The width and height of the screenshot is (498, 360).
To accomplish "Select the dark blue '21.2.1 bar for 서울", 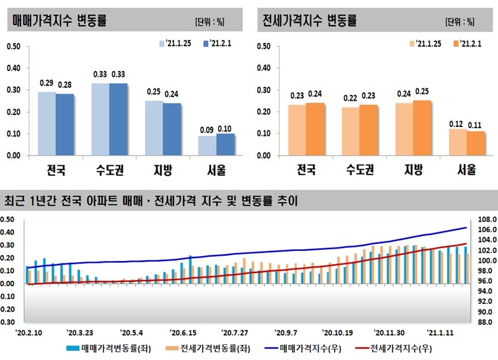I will coord(226,145).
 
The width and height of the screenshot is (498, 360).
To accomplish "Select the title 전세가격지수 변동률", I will coord(309,21).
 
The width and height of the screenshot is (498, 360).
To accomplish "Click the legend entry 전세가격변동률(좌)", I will coord(203,349).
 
